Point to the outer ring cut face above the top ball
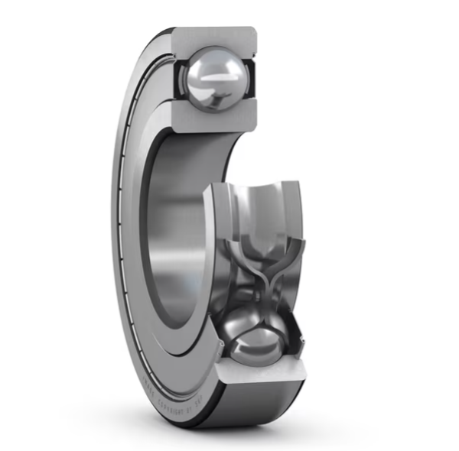pos(213,37)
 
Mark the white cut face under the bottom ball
pos(260,373)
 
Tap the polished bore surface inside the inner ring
pos(180,229)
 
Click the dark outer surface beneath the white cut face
pos(260,405)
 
